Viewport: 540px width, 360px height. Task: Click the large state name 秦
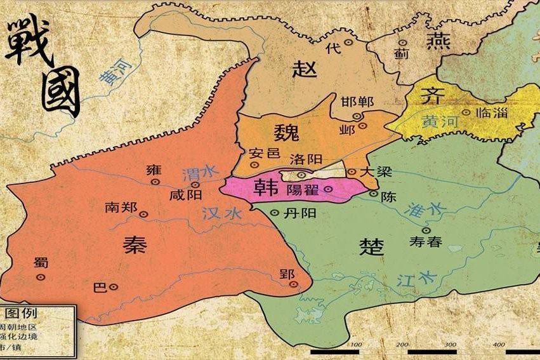tap(135, 241)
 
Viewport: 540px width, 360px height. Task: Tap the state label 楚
tap(371, 246)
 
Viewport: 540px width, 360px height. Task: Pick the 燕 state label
tap(437, 41)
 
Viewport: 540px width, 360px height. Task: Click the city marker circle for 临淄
tap(466, 112)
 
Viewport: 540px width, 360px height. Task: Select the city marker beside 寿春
tap(425, 230)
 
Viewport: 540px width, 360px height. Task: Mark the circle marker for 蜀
tap(41, 277)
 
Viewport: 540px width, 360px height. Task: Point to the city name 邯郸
tap(357, 102)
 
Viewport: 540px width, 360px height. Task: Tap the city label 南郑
tap(121, 208)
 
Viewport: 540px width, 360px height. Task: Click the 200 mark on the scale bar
tap(402, 345)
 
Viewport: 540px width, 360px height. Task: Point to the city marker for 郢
tap(293, 284)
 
